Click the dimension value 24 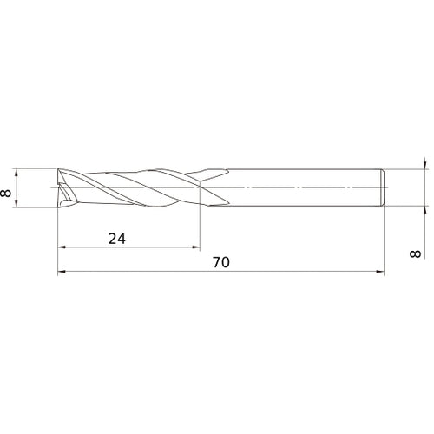117,239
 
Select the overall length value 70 221,262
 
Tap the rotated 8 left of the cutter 6,193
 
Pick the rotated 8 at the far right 416,253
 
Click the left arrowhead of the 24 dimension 62,247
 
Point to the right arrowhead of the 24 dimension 196,247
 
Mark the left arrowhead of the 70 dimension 62,272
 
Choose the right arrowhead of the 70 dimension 380,272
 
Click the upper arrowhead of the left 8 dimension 16,172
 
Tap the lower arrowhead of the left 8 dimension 16,204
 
